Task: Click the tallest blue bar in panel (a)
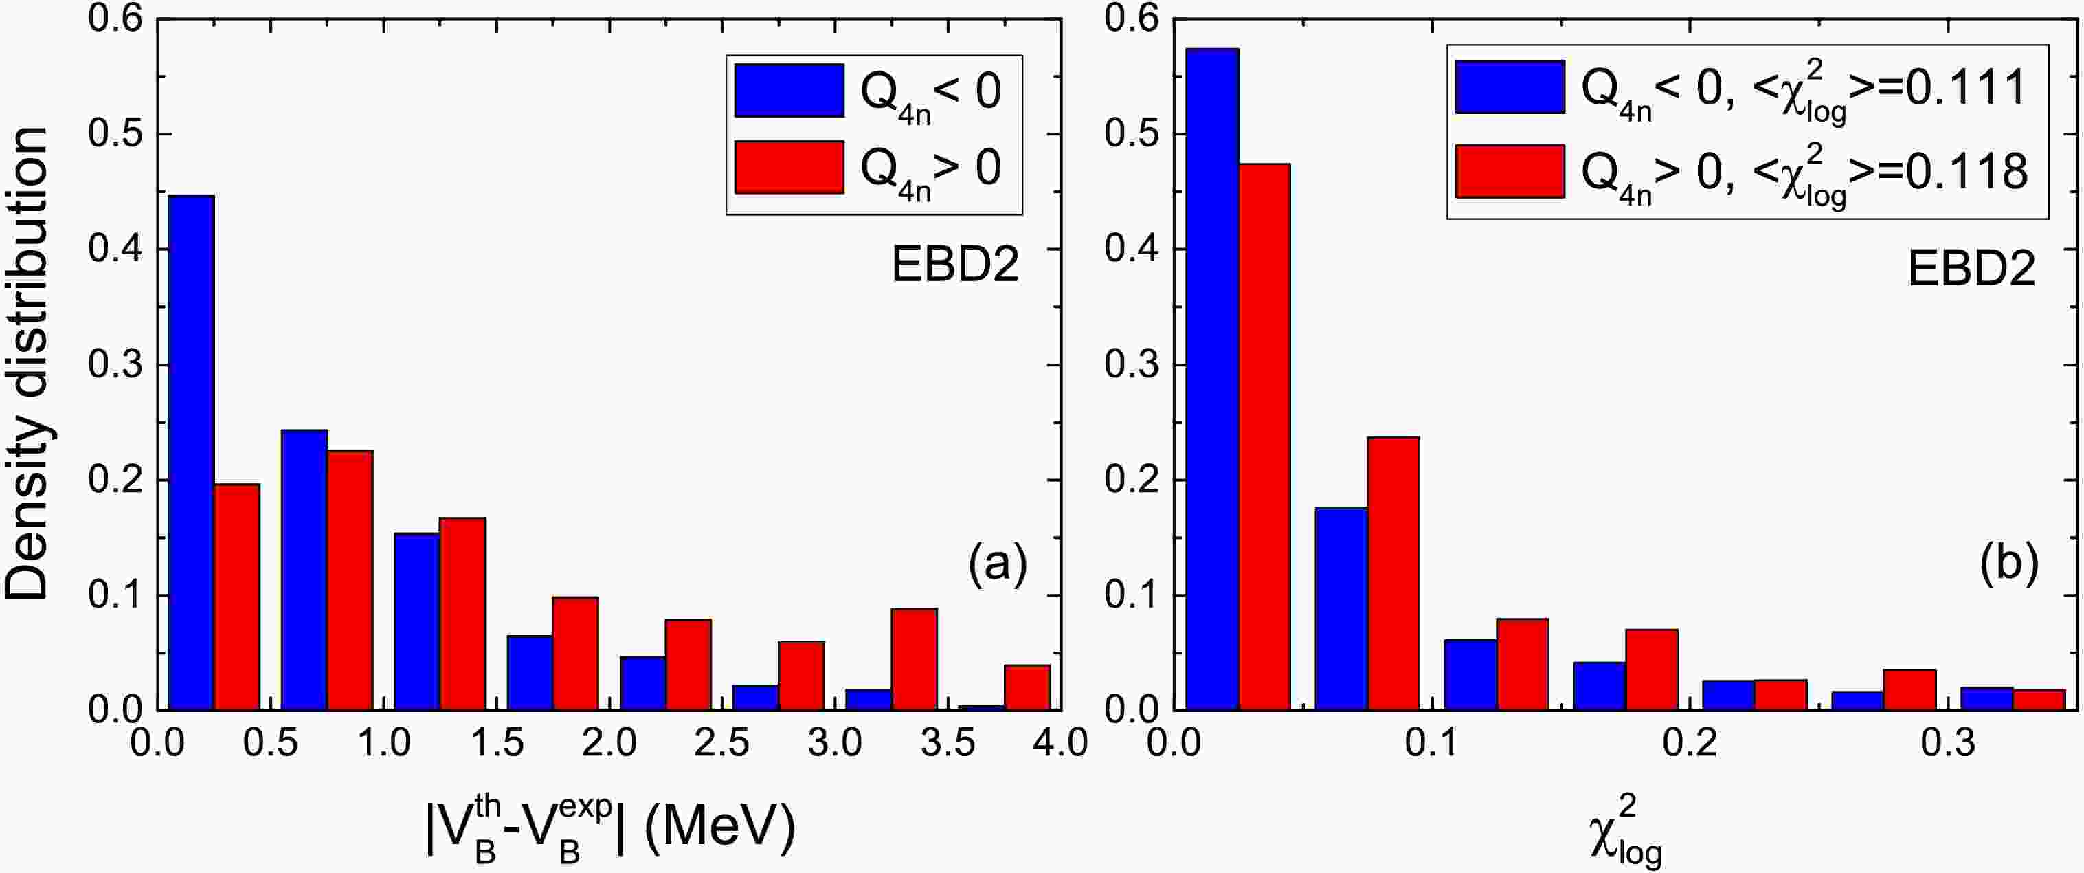point(191,453)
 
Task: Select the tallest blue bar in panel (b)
point(1211,380)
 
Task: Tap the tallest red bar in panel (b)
point(1264,437)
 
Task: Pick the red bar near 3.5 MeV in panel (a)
point(914,659)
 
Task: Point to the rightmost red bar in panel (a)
point(1027,687)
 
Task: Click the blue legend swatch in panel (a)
point(789,90)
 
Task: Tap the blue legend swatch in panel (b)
point(1510,87)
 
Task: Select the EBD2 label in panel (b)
point(1971,269)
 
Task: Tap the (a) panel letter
point(997,564)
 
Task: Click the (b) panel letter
point(2010,564)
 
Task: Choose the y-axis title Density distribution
point(27,364)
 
